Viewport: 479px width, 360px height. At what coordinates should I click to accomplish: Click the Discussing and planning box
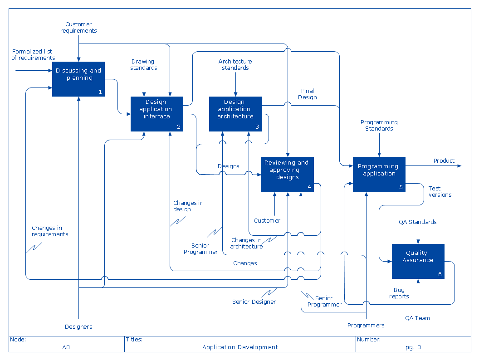(x=78, y=79)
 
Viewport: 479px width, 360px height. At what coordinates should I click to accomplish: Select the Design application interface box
(x=157, y=114)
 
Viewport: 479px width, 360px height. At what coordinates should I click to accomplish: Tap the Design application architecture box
(x=235, y=114)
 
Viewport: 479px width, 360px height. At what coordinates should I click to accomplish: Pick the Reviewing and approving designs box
(x=287, y=175)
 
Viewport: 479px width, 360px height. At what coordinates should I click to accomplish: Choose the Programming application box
(x=379, y=174)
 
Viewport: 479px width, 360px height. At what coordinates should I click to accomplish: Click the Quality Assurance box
(x=418, y=261)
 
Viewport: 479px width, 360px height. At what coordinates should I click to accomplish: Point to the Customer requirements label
(x=78, y=28)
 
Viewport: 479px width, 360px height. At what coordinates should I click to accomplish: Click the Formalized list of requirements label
(x=33, y=55)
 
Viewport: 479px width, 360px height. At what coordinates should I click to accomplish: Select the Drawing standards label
(x=143, y=65)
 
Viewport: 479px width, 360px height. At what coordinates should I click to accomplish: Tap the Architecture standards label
(x=235, y=65)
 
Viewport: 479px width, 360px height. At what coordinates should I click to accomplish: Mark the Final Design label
(x=307, y=94)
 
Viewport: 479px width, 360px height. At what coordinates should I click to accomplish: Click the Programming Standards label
(x=379, y=126)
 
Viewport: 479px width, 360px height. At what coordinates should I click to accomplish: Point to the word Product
(x=444, y=161)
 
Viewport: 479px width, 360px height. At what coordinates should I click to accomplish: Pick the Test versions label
(x=440, y=192)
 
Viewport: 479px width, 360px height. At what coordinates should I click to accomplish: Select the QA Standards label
(x=417, y=222)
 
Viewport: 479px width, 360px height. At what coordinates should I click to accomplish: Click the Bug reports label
(x=399, y=293)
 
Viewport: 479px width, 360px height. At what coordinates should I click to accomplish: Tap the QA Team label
(x=417, y=318)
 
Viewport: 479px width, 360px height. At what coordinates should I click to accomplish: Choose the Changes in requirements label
(x=50, y=231)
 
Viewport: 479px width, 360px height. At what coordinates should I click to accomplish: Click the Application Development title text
(x=240, y=347)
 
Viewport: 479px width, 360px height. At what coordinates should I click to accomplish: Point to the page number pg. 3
(x=413, y=347)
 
